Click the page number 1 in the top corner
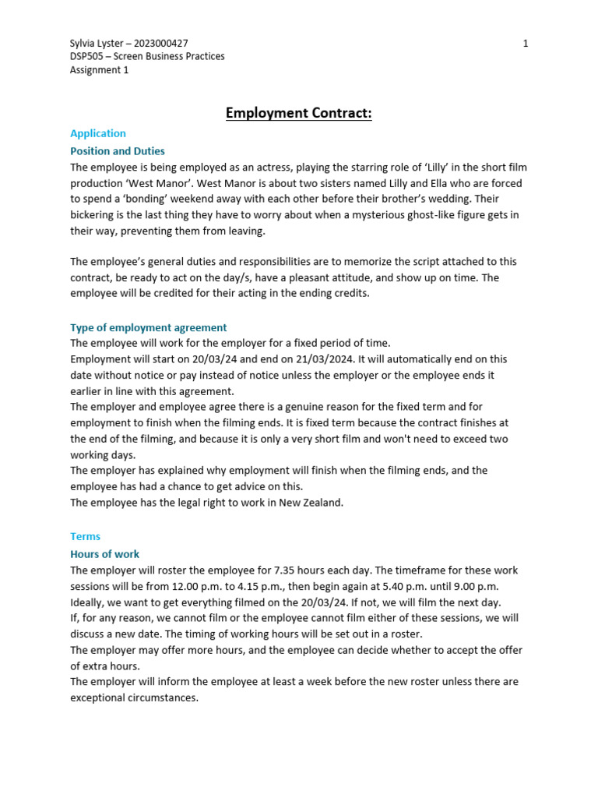click(526, 44)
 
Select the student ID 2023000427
click(161, 44)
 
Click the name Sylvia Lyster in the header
click(97, 44)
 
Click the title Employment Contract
click(299, 114)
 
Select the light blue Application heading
click(98, 133)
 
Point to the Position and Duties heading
click(118, 151)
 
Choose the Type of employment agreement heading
click(149, 327)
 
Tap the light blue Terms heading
click(85, 536)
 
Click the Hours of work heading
click(105, 554)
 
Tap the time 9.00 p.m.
click(483, 586)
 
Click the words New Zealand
click(311, 503)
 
